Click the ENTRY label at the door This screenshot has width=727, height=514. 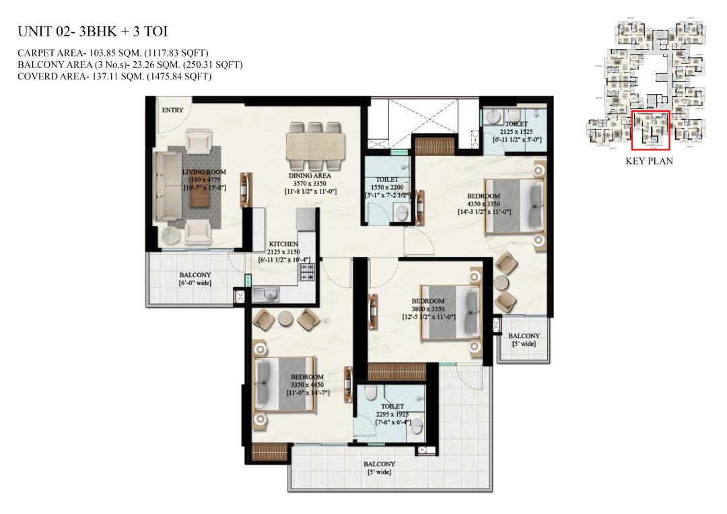tap(171, 110)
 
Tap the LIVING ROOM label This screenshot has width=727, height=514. tap(204, 172)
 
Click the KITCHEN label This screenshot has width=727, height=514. tap(283, 244)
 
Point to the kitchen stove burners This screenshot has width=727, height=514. tap(308, 272)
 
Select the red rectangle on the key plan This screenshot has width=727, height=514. tap(650, 130)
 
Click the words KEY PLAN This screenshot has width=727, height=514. tap(649, 161)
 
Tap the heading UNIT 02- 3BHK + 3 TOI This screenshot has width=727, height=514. tap(92, 31)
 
